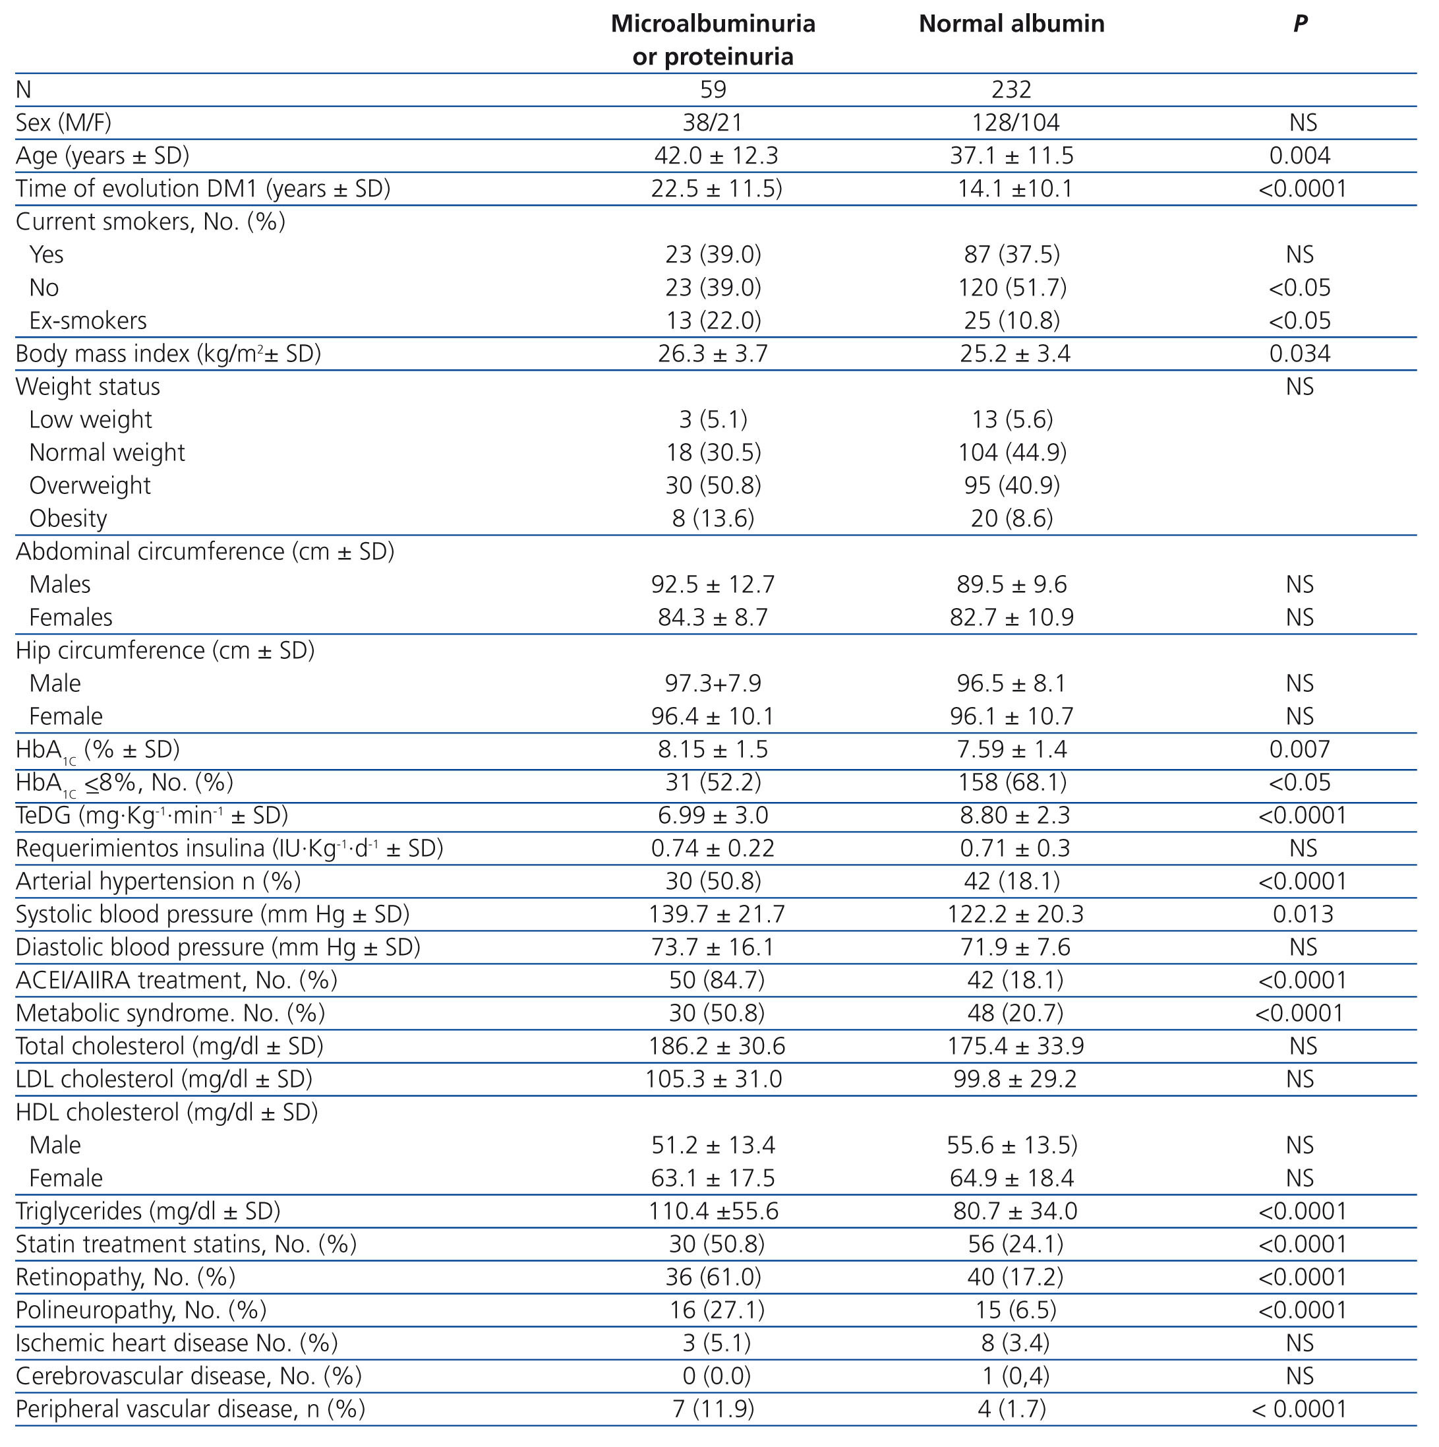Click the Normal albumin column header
pos(1011,24)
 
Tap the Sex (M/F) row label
pos(64,123)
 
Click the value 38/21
pos(712,123)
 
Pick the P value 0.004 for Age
pos(1300,156)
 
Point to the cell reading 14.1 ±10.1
pos(1014,189)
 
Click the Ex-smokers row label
pos(88,321)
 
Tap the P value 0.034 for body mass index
pos(1300,354)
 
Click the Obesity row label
pos(68,518)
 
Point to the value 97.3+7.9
pos(712,683)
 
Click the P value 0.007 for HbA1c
pos(1300,749)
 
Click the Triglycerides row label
pos(148,1210)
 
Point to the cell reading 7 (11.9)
pos(713,1409)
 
